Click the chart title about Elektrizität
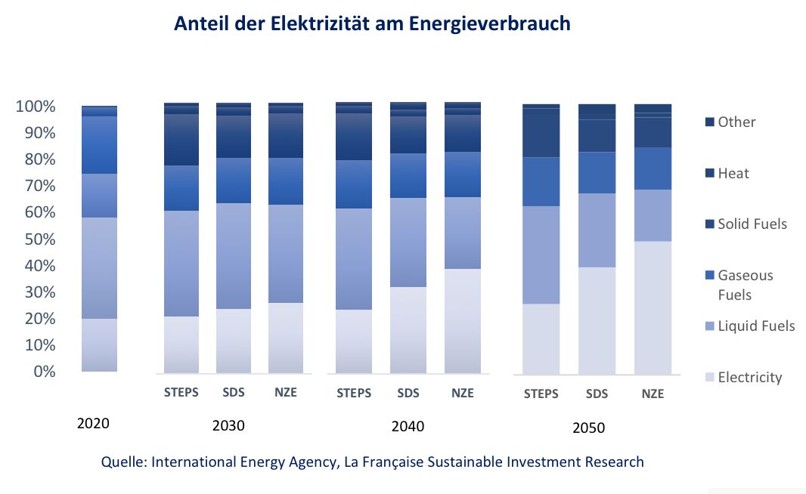coord(372,23)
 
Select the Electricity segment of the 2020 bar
coord(99,344)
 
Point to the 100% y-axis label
coord(36,107)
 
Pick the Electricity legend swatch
coord(708,378)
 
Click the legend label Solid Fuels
coord(752,224)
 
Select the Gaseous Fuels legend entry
coord(745,285)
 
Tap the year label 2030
coord(228,425)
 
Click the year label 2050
coord(589,428)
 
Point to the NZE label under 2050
coord(653,394)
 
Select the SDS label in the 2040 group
coord(408,393)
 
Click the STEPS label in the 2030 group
coord(181,393)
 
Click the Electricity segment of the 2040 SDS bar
coord(408,329)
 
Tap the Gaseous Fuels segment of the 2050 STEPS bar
coord(541,181)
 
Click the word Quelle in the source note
coord(122,462)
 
